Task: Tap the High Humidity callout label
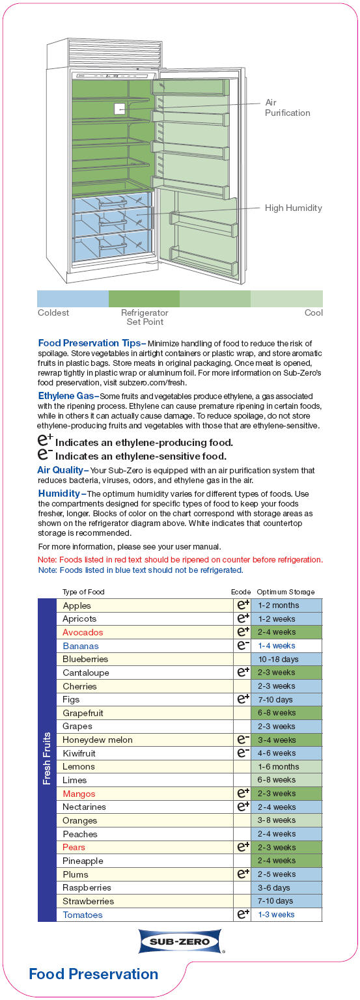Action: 293,208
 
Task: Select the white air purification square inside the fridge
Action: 119,109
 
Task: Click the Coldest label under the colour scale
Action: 53,312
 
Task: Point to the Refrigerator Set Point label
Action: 145,317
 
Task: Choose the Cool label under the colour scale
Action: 313,312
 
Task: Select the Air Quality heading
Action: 62,470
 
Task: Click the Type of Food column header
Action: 83,592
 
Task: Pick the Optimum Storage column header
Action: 285,592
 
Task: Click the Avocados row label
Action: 83,632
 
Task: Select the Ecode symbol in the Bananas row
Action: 243,645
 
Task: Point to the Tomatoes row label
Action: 83,915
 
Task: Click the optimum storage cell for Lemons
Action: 286,767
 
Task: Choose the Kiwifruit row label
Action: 79,753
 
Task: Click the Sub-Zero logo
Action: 180,941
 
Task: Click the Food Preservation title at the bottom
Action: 93,974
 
